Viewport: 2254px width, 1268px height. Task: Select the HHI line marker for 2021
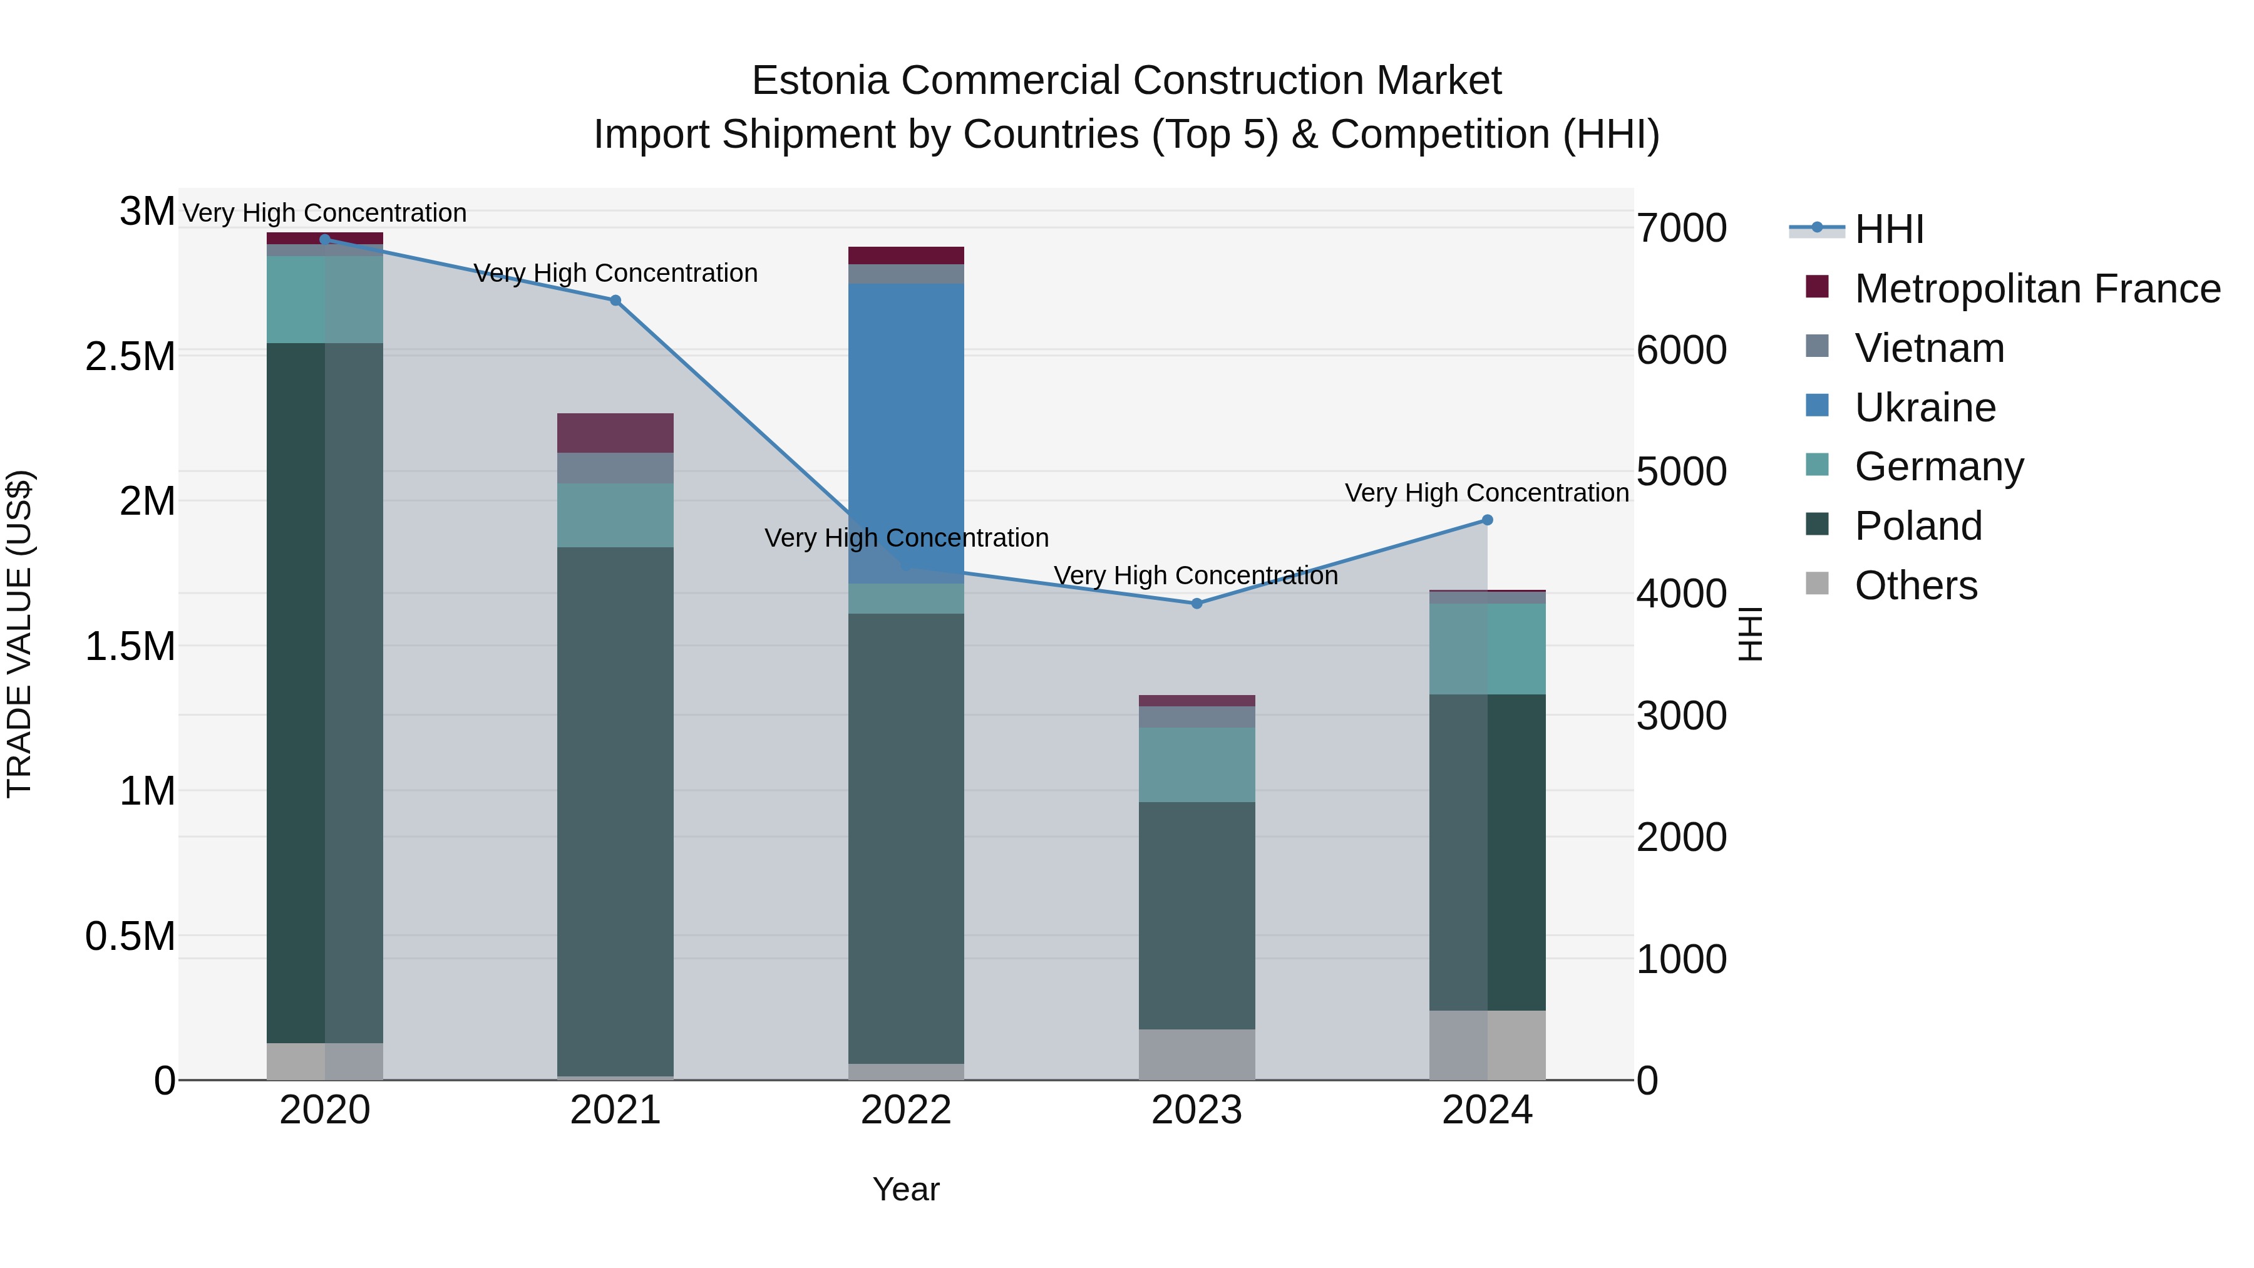[x=615, y=300]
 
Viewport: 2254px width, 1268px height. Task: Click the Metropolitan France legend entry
[x=2036, y=289]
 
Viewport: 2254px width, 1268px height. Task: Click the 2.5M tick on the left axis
[x=130, y=357]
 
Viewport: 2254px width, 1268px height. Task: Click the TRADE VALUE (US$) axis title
[x=19, y=634]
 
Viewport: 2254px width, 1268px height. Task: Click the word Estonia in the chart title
[x=821, y=81]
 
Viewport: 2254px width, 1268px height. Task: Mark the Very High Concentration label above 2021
[x=615, y=273]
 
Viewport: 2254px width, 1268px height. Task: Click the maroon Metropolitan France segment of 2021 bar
[x=615, y=432]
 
